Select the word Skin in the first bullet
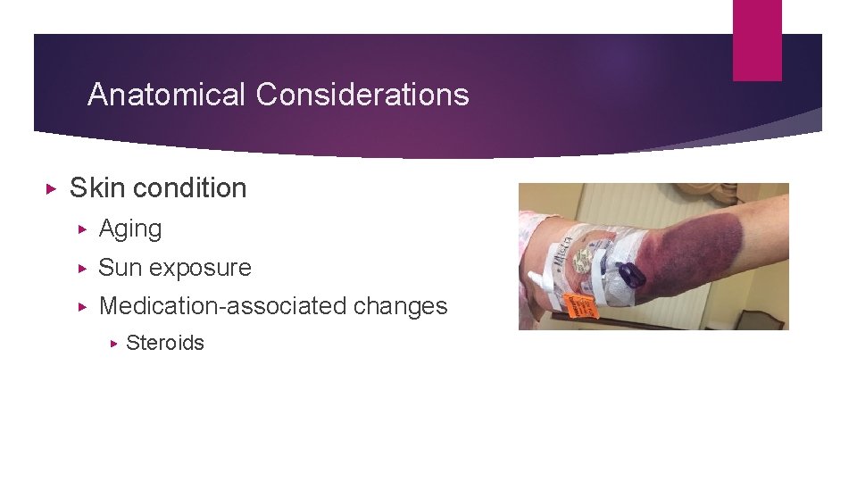point(96,188)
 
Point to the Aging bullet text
point(130,229)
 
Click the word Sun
point(122,268)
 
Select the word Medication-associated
point(223,306)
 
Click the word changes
point(401,306)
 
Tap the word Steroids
point(165,344)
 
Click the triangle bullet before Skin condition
point(51,189)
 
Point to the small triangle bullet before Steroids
point(113,344)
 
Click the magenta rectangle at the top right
point(757,40)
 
